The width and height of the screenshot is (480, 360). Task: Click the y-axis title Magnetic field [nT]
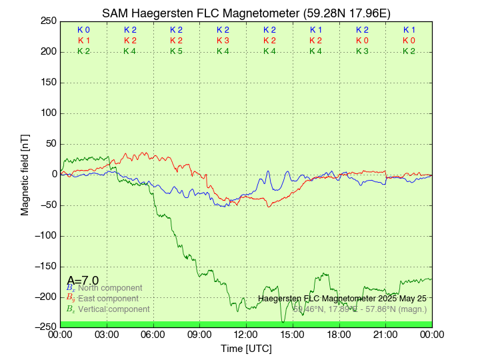25,174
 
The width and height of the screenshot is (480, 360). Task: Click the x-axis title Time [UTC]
246,349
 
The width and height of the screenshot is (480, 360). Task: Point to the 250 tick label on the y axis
47,21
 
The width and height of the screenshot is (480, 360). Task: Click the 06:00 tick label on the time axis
153,334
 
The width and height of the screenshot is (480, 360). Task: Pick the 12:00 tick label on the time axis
246,334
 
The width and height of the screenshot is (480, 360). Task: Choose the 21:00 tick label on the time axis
385,334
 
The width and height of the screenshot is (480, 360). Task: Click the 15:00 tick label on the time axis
293,334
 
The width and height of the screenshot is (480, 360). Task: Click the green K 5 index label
176,51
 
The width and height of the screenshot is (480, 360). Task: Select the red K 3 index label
223,41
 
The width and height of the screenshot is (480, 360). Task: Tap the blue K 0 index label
83,30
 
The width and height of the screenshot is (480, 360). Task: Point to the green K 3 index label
362,51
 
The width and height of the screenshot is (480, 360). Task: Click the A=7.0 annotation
83,280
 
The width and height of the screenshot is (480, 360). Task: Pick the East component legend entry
107,299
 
